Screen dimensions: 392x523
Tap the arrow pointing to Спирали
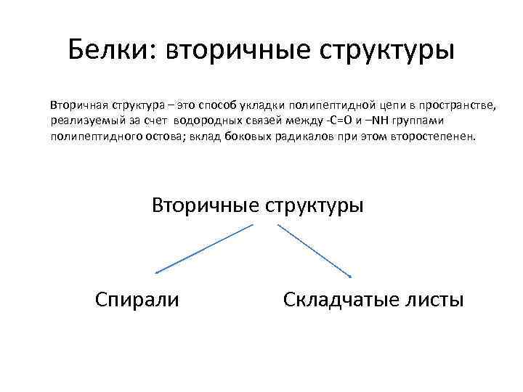click(203, 249)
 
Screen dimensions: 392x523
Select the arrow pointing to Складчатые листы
click(315, 250)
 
